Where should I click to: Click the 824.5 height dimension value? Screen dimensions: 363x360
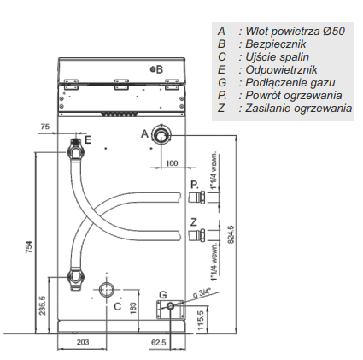[x=231, y=234]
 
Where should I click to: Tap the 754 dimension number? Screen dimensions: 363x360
[x=29, y=247]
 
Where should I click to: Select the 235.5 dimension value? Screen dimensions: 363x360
[x=42, y=305]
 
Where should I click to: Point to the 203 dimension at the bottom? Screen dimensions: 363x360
[x=83, y=342]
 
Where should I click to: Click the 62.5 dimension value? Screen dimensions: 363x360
[x=159, y=342]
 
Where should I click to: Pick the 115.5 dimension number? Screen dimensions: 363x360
[x=201, y=321]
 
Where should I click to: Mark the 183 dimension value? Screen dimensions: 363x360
[x=133, y=309]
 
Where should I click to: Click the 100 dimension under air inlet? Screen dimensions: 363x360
[x=172, y=163]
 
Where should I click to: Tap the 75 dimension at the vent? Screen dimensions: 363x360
[x=45, y=127]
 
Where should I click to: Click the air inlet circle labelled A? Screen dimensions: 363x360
[x=161, y=134]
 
